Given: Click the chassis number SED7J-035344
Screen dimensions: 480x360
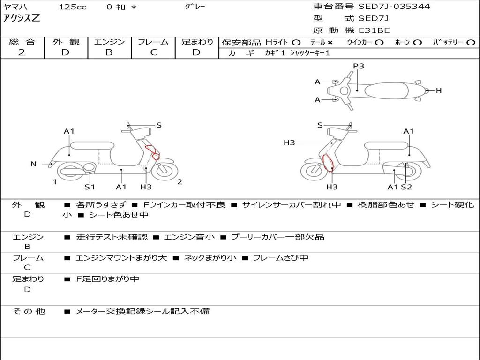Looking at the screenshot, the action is [x=394, y=7].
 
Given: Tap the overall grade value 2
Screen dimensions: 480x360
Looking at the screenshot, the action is [x=22, y=52].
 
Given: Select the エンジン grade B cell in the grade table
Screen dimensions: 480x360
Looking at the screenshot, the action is [x=109, y=48].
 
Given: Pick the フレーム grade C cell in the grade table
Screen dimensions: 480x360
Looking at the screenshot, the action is [x=153, y=48].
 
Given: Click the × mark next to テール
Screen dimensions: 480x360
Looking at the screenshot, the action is [x=330, y=43].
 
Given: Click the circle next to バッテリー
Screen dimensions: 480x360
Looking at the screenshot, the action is [x=471, y=43].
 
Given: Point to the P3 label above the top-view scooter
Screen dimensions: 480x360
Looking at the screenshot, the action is [x=359, y=66].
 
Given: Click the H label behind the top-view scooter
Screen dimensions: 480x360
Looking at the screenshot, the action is [x=439, y=90].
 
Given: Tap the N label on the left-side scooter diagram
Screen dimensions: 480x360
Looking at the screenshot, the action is [x=34, y=164].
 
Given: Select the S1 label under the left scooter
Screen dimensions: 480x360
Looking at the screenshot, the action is [x=90, y=187].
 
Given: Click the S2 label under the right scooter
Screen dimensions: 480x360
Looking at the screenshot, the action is [x=406, y=187].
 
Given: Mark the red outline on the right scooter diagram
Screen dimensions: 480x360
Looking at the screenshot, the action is [x=327, y=163].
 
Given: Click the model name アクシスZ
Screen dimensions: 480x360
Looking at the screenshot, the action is [x=22, y=18].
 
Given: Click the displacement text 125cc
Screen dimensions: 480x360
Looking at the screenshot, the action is [x=73, y=7].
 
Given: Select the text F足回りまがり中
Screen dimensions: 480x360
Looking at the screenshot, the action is [x=107, y=279].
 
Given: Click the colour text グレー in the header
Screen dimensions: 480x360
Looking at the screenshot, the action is [x=195, y=6].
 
